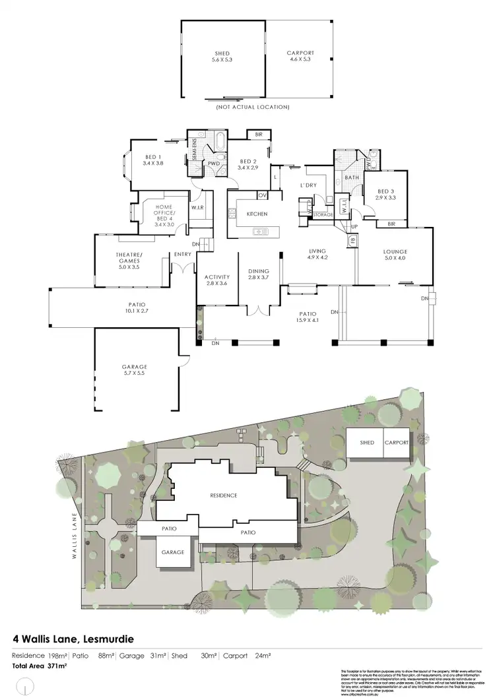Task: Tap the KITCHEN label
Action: tap(256, 214)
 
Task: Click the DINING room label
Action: tap(258, 274)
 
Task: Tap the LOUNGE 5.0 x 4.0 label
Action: tap(395, 255)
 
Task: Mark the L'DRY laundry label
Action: tap(309, 185)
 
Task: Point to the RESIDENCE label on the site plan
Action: tap(223, 495)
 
